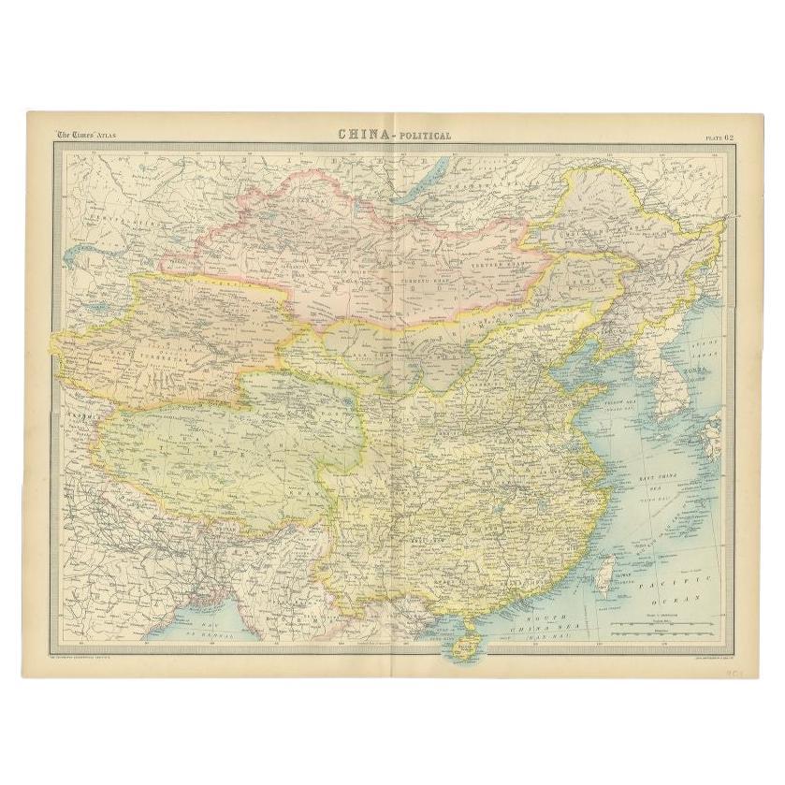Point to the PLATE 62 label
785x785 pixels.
click(x=721, y=137)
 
